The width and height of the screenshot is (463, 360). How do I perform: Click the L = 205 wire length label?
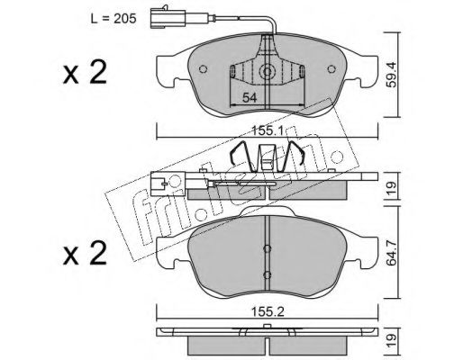[x=113, y=19]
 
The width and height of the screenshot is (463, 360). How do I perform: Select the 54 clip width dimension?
[x=250, y=97]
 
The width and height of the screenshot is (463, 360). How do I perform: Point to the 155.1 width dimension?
[x=268, y=130]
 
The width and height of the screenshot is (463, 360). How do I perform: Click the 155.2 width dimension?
[x=268, y=312]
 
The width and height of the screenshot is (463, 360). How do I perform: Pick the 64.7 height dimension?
[x=392, y=255]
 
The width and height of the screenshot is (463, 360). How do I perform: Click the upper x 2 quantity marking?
[x=85, y=72]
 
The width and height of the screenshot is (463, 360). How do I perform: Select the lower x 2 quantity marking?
[x=85, y=254]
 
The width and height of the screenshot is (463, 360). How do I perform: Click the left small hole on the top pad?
[x=204, y=69]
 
